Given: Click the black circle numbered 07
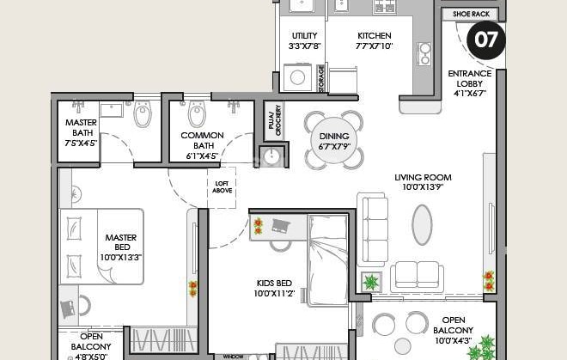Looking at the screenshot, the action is click(x=486, y=40).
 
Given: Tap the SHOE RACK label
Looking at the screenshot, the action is click(x=471, y=14).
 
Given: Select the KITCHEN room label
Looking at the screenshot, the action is click(x=375, y=36).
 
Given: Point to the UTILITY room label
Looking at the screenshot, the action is click(x=304, y=36).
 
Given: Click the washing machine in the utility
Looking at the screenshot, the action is click(x=297, y=77).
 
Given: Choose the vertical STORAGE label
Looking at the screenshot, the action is click(x=321, y=78).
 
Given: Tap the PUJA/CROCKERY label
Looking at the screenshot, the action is click(x=274, y=120).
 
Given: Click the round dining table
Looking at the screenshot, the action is click(x=334, y=141).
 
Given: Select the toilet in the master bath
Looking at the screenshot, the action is click(x=142, y=114).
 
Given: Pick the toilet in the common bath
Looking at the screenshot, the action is click(x=197, y=113).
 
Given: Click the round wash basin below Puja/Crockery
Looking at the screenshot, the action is click(x=270, y=156).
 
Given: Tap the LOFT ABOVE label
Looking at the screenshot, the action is click(x=222, y=187).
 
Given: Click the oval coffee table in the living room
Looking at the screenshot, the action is click(x=422, y=225).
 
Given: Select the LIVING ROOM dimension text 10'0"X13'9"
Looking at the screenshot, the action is click(x=423, y=187).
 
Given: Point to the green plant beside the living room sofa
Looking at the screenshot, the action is click(x=371, y=282).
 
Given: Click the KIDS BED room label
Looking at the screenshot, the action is click(x=274, y=283).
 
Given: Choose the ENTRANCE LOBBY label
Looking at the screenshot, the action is click(x=470, y=78).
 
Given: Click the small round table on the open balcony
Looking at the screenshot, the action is click(x=402, y=346).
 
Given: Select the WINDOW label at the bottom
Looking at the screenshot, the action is click(x=233, y=357).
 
